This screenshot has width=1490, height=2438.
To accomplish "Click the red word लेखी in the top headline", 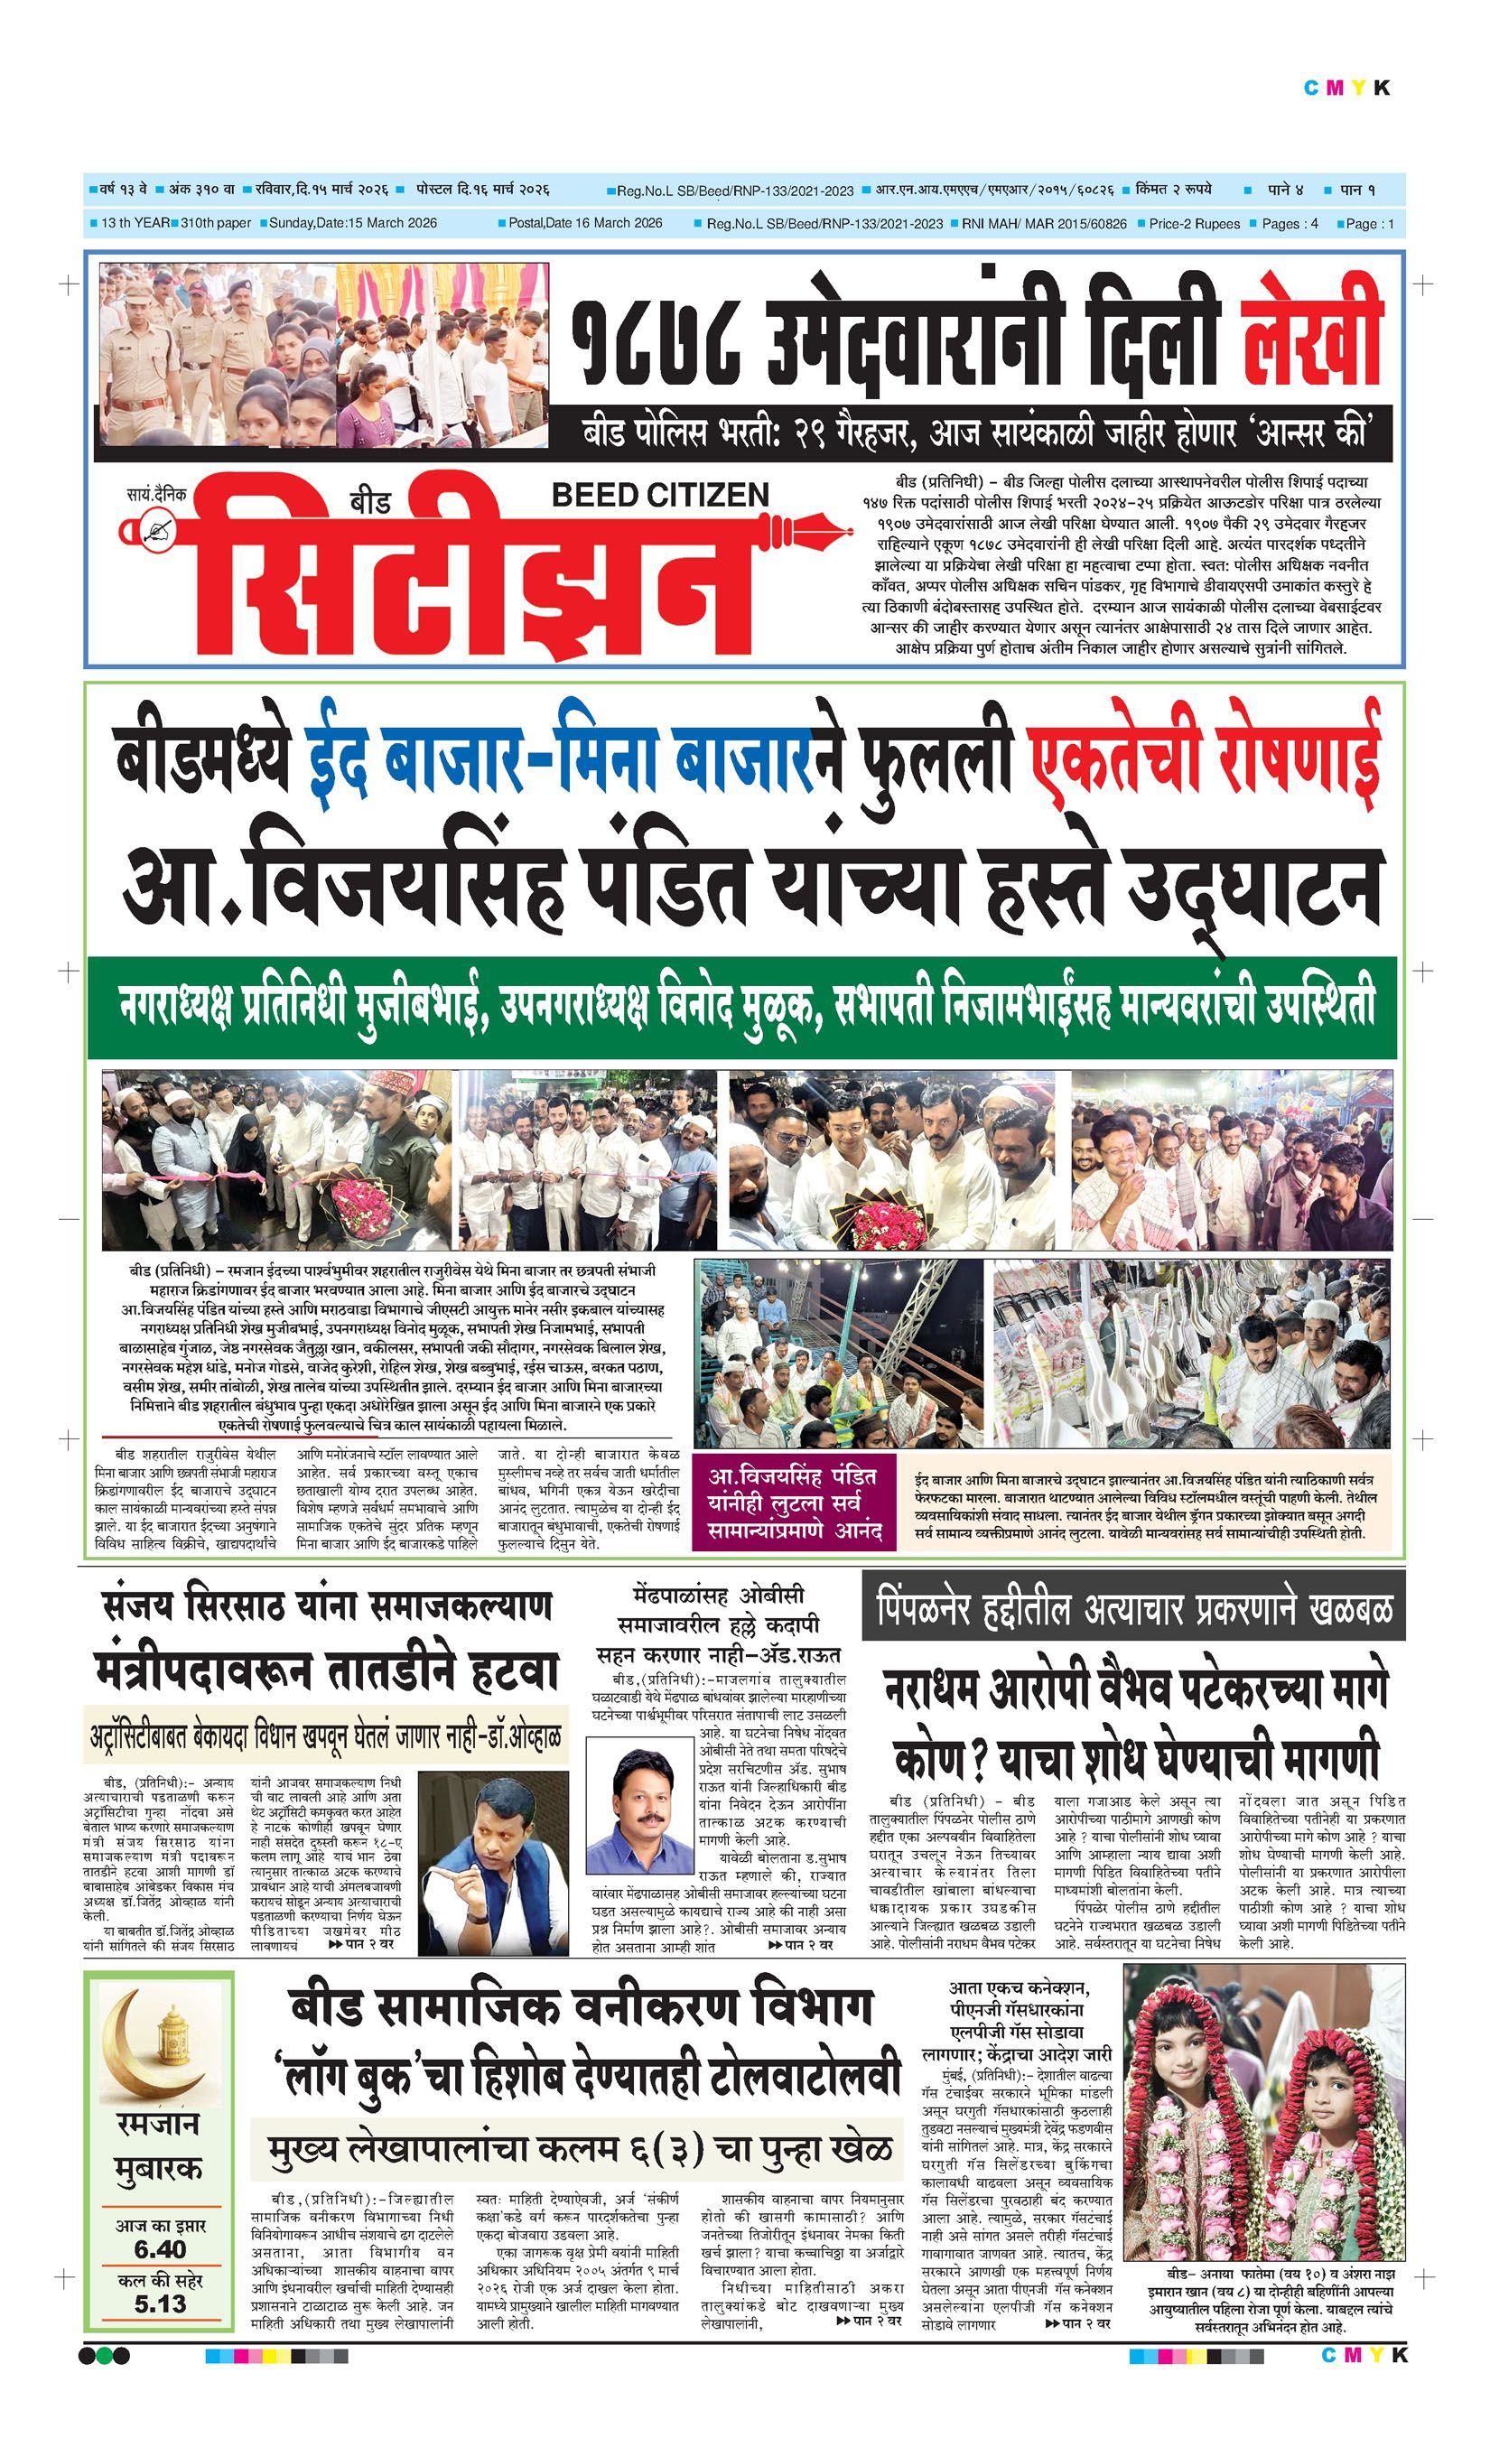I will (1312, 333).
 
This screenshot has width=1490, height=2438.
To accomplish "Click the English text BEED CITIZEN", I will (660, 495).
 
